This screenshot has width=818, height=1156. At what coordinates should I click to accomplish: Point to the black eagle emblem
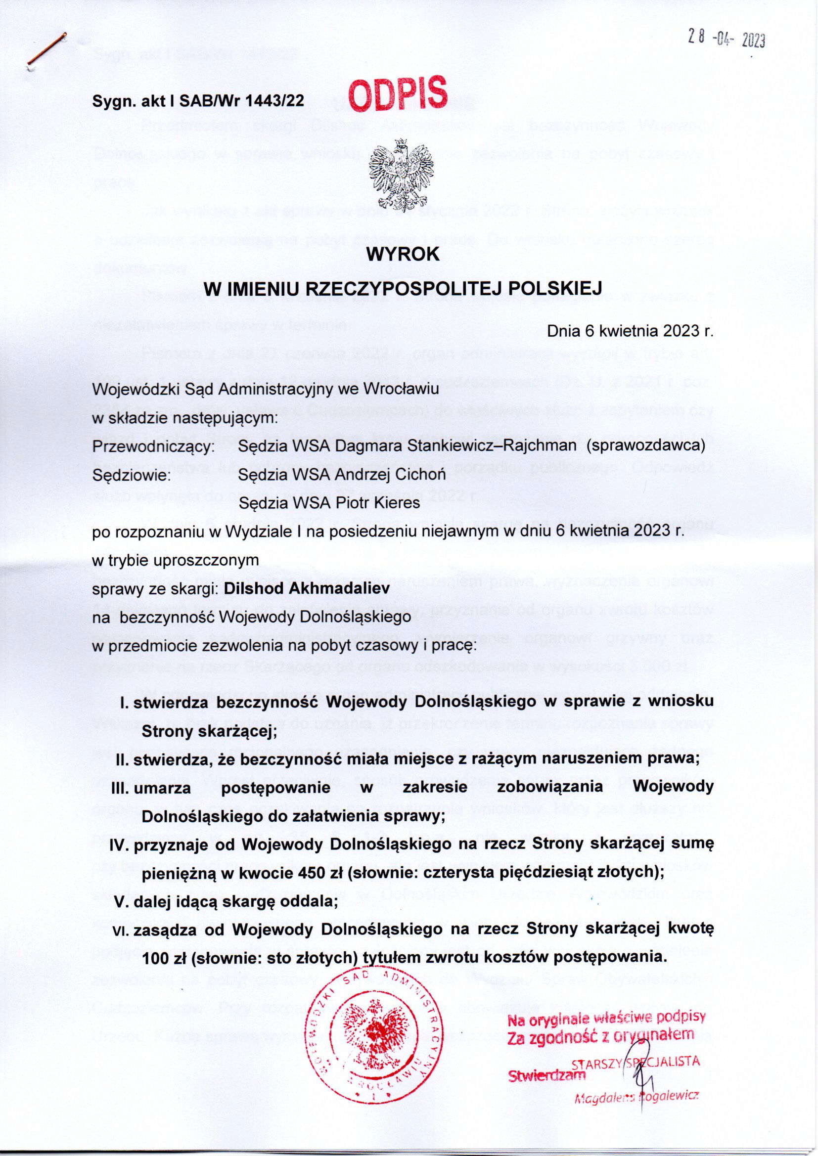pyautogui.click(x=402, y=170)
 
